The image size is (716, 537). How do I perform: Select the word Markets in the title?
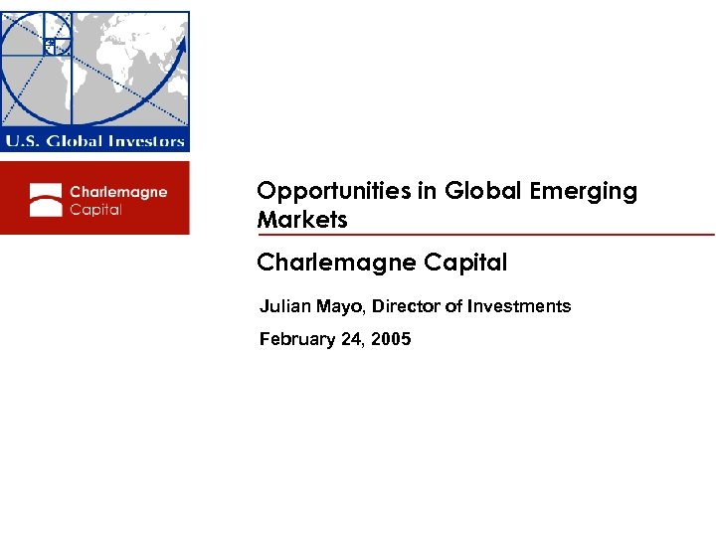point(302,220)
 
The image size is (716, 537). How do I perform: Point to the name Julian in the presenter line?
point(281,306)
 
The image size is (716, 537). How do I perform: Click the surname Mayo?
point(336,306)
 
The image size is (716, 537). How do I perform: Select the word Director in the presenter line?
point(405,306)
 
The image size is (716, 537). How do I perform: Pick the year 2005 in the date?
point(391,339)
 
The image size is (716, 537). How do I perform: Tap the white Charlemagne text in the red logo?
point(117,192)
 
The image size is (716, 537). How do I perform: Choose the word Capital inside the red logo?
point(95,210)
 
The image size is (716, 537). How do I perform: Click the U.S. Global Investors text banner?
point(94,140)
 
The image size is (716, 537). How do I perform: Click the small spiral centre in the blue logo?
point(49,42)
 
